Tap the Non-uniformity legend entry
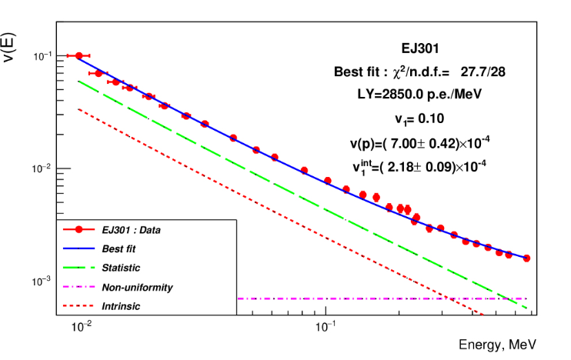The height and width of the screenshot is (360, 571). point(137,287)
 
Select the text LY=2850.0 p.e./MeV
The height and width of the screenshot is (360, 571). point(419,95)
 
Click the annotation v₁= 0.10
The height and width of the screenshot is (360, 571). point(419,118)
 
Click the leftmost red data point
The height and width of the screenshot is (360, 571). point(78,55)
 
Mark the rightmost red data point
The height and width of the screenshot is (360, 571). point(526,258)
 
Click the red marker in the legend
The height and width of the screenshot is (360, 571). point(78,229)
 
